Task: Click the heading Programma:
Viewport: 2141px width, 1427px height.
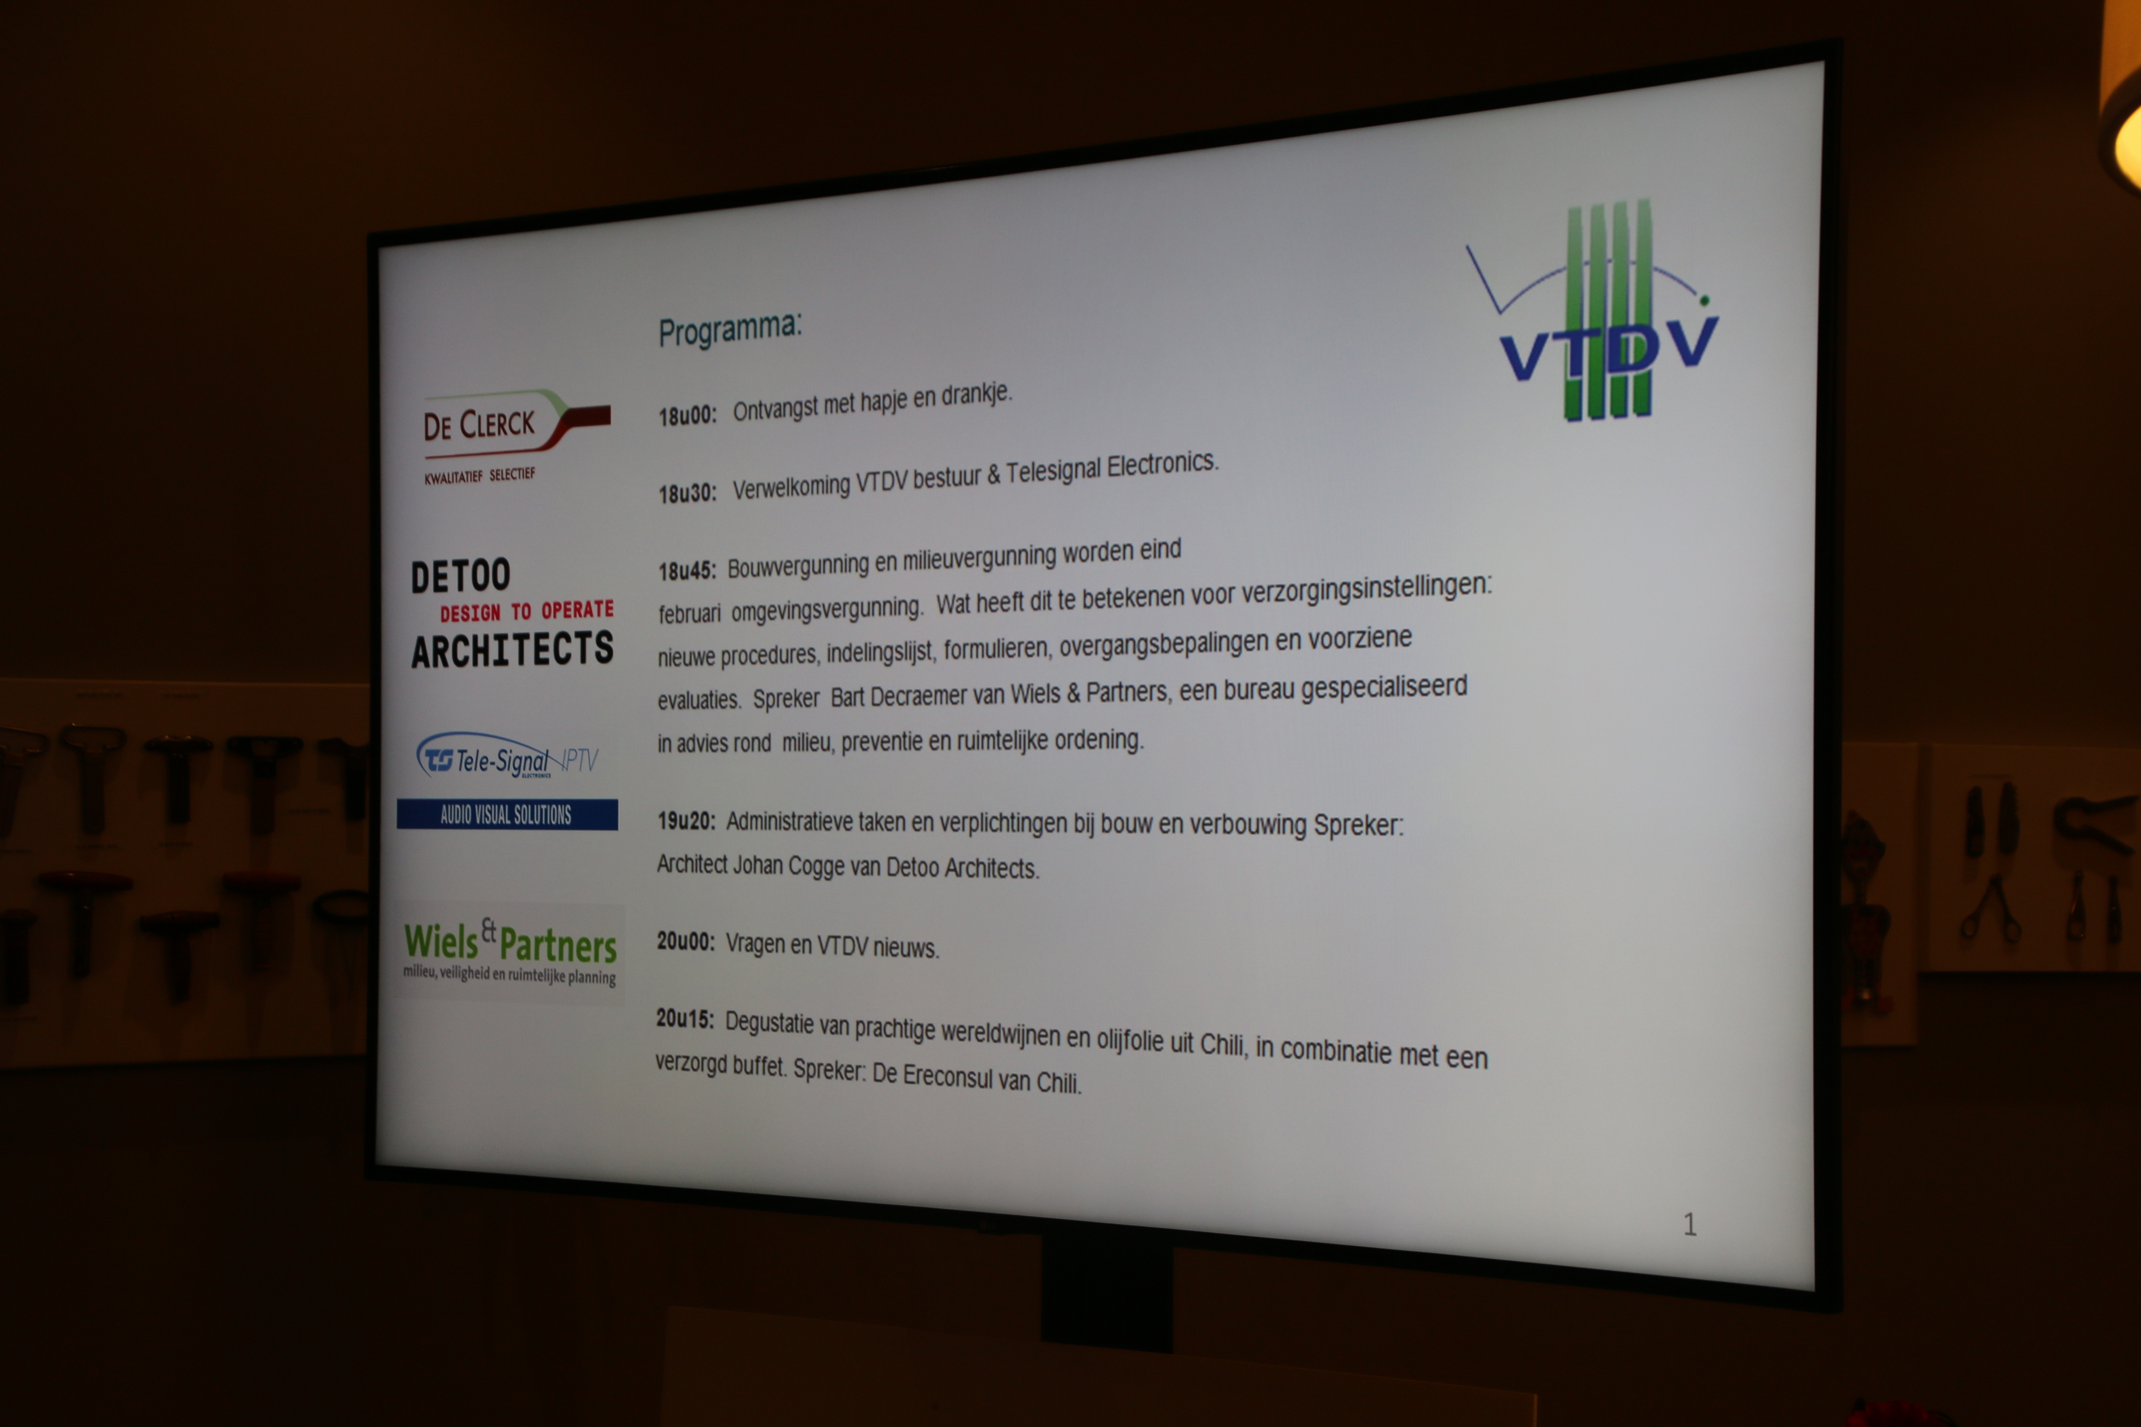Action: click(730, 329)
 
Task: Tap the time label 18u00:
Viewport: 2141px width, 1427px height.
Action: click(687, 416)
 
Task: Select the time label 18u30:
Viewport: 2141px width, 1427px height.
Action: click(687, 493)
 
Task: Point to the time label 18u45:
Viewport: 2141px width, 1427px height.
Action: click(687, 571)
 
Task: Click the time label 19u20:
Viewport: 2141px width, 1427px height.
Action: click(686, 821)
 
